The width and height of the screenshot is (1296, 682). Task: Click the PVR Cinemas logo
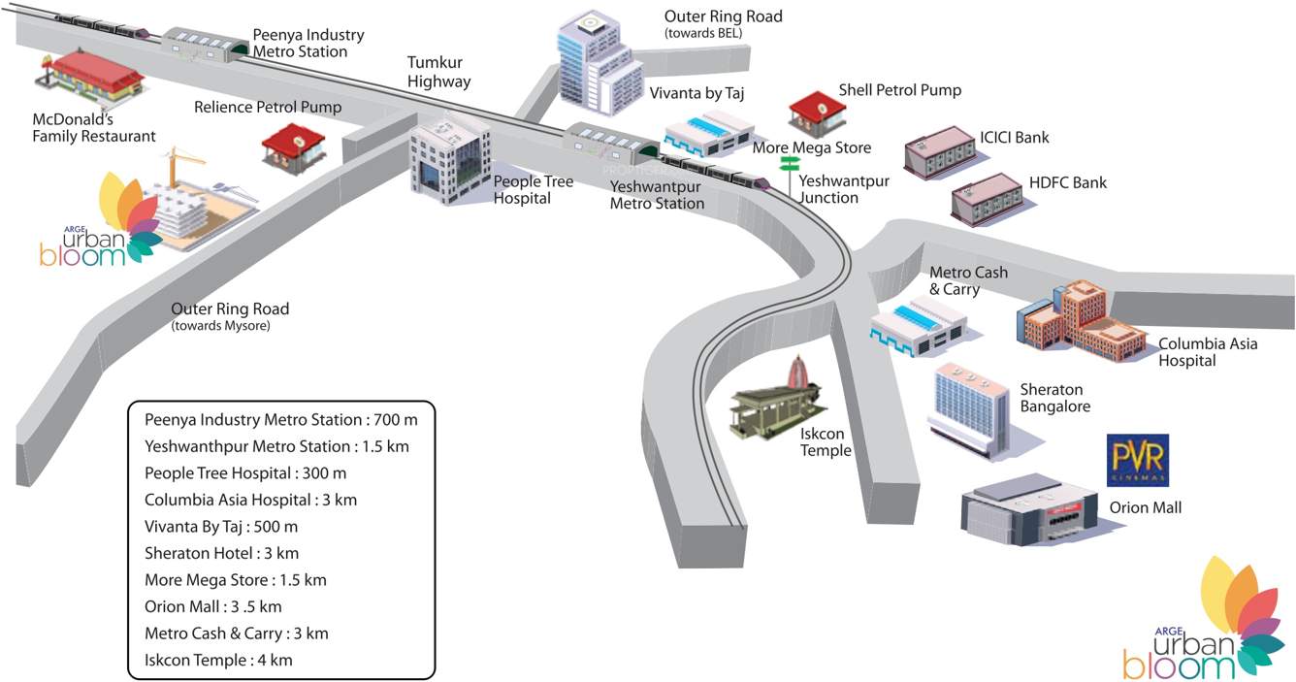click(1138, 460)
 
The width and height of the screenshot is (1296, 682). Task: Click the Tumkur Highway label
click(438, 72)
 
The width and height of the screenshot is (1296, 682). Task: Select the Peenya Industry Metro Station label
click(308, 43)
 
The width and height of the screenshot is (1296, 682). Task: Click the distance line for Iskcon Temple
click(218, 660)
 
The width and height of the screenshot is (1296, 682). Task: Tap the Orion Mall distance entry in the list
click(213, 606)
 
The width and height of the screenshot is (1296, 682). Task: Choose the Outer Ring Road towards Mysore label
click(230, 316)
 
